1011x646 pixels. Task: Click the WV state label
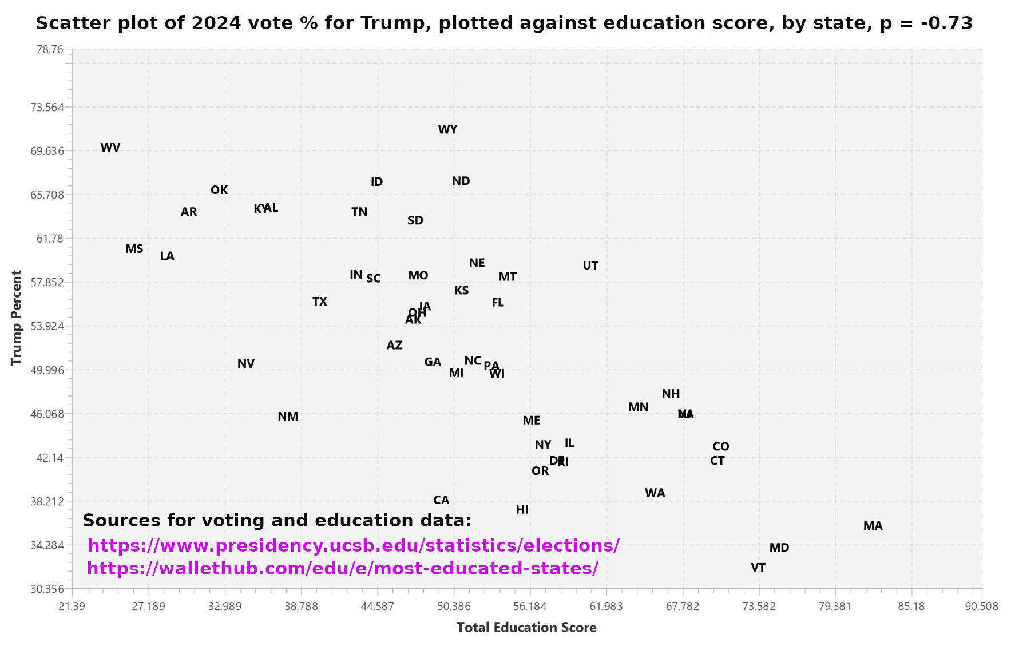[x=110, y=148]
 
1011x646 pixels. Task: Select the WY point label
[x=447, y=130]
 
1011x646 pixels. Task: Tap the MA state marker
[x=873, y=526]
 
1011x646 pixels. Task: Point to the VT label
[x=758, y=568]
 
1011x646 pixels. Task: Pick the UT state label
[x=590, y=265]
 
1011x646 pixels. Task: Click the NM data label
[x=288, y=417]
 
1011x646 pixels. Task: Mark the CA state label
[x=441, y=500]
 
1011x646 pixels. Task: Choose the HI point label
[x=522, y=510]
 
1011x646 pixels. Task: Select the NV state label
[x=245, y=364]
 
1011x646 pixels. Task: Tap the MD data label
[x=779, y=548]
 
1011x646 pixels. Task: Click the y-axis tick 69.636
[x=47, y=151]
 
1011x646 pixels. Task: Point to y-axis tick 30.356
[x=47, y=589]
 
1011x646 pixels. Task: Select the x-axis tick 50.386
[x=454, y=606]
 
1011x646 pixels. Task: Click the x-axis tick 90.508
[x=981, y=606]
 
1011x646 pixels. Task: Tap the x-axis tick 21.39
[x=72, y=606]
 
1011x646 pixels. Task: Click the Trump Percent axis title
[x=16, y=318]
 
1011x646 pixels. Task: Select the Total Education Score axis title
[x=526, y=628]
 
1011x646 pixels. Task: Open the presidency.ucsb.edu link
[x=353, y=545]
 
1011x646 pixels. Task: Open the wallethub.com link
[x=342, y=568]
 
